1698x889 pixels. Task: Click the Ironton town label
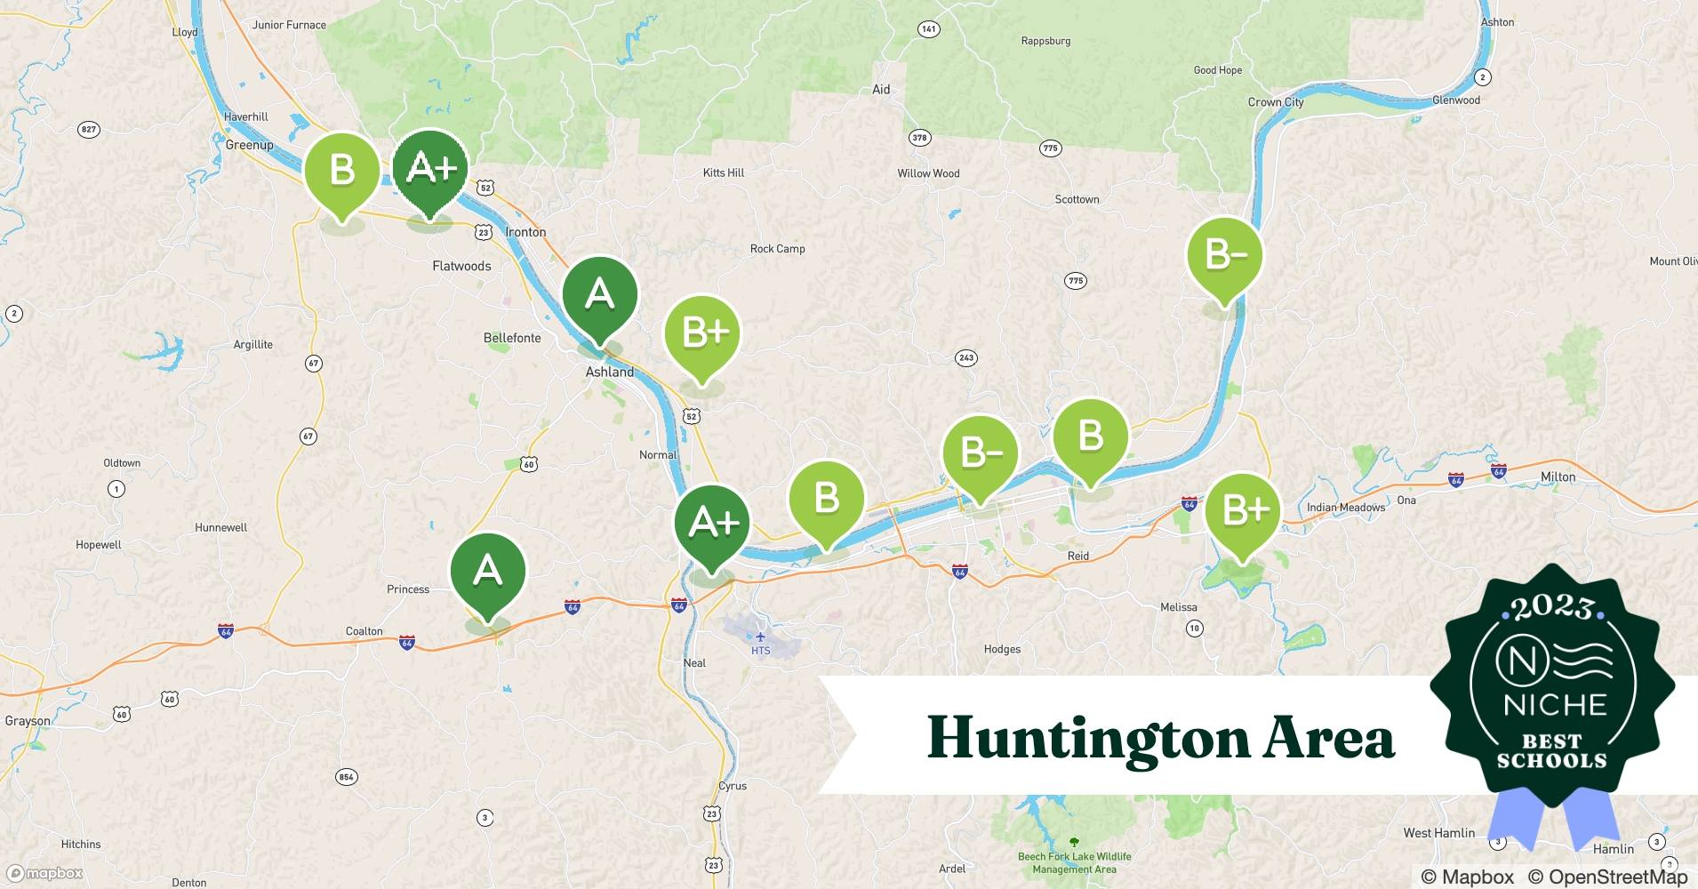[x=525, y=232]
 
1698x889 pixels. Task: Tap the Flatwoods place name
[x=461, y=266]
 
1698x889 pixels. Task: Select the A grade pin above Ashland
[x=600, y=294]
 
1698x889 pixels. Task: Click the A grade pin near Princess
[x=488, y=570]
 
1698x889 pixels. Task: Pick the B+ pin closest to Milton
[x=1243, y=510]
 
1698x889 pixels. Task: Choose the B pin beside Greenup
[x=342, y=170]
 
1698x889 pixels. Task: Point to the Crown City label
[x=1276, y=102]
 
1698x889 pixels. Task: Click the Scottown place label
[x=1077, y=199]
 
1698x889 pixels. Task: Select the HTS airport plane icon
[x=760, y=637]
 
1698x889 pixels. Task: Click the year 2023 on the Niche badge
[x=1552, y=607]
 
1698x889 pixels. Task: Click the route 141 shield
[x=928, y=29]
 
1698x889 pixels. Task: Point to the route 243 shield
[x=966, y=358]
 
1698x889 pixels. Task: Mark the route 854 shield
[x=346, y=777]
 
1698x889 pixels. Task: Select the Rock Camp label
[x=777, y=249]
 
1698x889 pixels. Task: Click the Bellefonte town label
[x=512, y=338]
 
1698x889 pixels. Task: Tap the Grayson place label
[x=28, y=721]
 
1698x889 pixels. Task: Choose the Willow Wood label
[x=928, y=173]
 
